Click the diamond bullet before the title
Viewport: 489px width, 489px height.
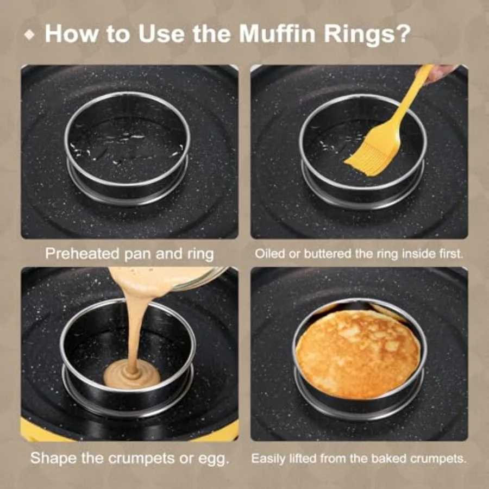[x=31, y=34]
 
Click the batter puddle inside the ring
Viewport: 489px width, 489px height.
[x=132, y=375]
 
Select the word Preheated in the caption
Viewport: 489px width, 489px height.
[x=79, y=254]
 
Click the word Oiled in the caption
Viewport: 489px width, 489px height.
[x=269, y=254]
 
